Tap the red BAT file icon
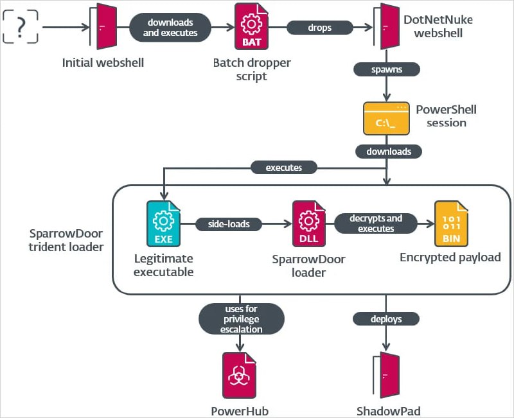pos(251,27)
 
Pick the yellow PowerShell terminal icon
pos(385,118)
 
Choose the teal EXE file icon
pos(163,224)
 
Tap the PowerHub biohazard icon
pos(240,376)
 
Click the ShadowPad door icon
pos(385,376)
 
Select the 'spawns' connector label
pos(385,68)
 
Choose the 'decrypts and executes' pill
pos(376,223)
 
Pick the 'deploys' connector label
pos(385,318)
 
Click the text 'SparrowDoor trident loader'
pos(66,240)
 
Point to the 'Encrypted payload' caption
pos(450,257)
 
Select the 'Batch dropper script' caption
pos(252,69)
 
